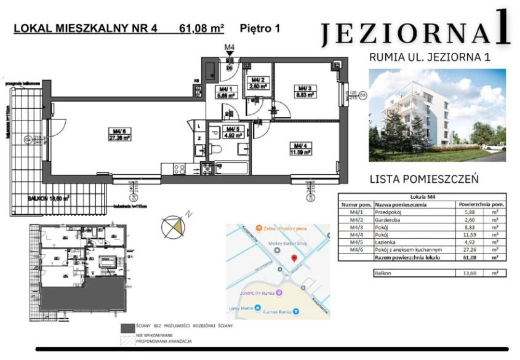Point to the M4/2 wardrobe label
click(257, 83)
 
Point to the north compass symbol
click(174, 226)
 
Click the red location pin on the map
click(294, 258)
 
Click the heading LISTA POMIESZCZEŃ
click(424, 179)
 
